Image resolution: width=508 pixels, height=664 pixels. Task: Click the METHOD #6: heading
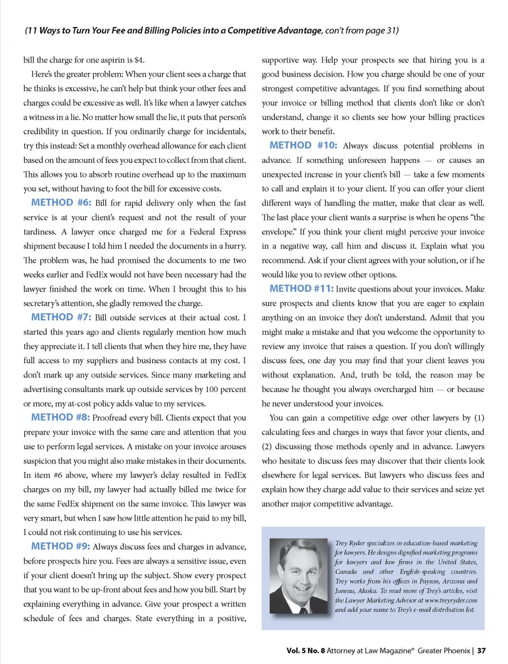click(61, 203)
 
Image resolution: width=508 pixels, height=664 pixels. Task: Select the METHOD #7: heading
click(61, 317)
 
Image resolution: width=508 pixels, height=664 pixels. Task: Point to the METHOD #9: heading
click(60, 546)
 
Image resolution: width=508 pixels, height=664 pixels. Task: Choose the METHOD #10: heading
click(303, 145)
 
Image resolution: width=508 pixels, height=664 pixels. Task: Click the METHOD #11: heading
click(301, 288)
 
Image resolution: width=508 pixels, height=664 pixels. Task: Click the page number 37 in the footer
click(481, 650)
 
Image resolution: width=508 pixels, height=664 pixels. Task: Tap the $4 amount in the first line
click(139, 60)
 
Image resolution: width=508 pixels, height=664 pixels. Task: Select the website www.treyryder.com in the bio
click(451, 601)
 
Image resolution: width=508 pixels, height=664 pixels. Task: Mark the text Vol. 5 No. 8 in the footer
click(305, 650)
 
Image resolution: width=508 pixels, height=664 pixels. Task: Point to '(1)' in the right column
click(479, 418)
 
